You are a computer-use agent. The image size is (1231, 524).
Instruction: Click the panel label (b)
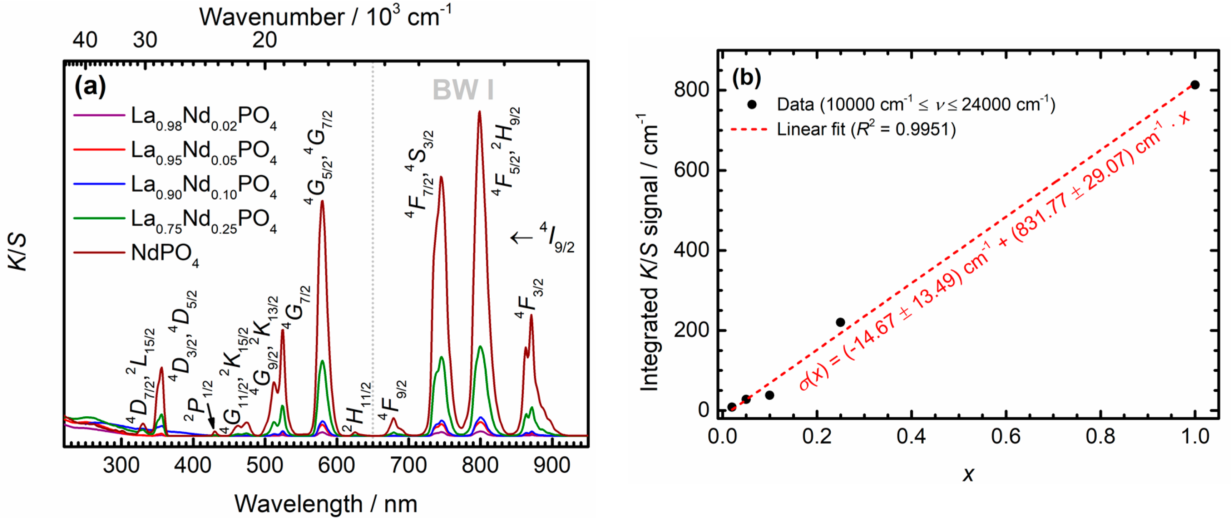point(746,78)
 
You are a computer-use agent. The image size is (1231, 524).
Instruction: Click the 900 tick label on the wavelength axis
point(552,465)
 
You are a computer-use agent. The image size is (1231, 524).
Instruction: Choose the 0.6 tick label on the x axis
point(1006,436)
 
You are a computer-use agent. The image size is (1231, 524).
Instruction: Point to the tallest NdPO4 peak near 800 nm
point(479,112)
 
